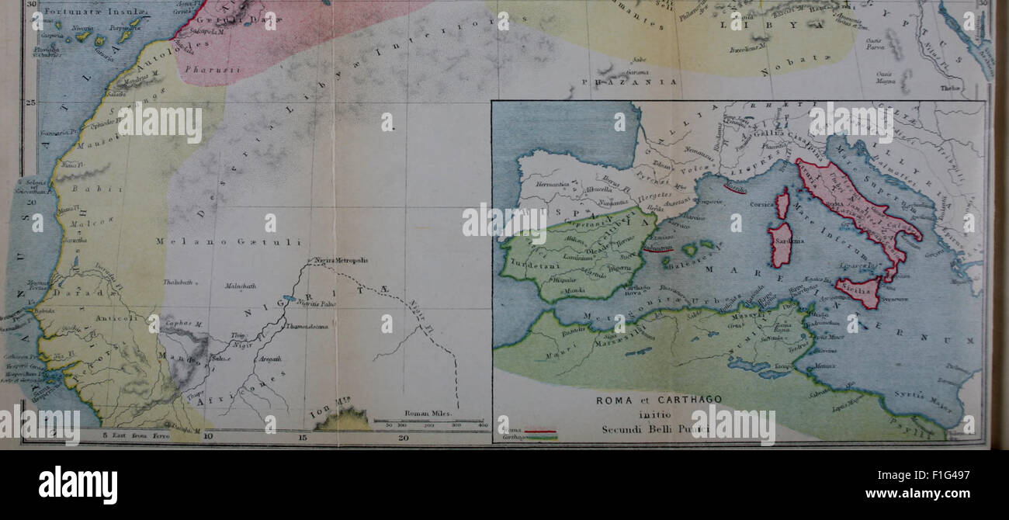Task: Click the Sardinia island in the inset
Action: click(x=781, y=244)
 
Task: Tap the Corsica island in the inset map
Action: click(x=782, y=203)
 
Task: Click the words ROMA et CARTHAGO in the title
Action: click(x=658, y=400)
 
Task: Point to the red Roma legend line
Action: click(x=540, y=430)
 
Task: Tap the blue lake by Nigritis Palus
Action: click(x=290, y=299)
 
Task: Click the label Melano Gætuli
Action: click(x=204, y=242)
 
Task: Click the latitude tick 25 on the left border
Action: click(x=32, y=102)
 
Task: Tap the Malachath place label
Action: click(x=240, y=286)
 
